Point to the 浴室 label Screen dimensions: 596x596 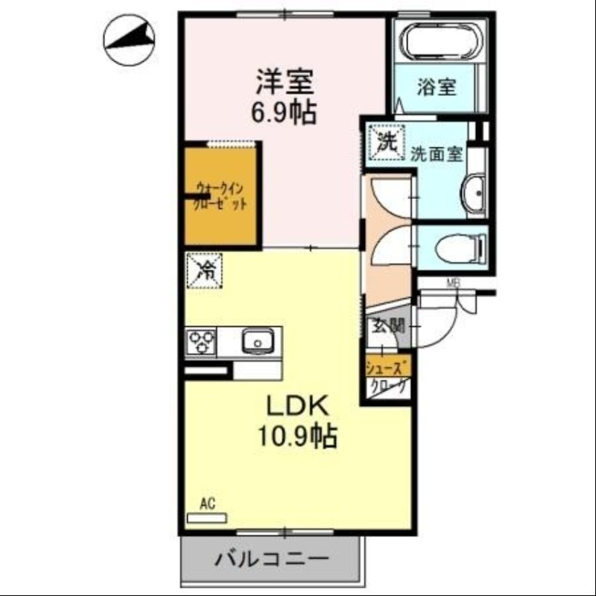point(437,87)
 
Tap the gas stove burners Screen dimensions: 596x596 point(201,342)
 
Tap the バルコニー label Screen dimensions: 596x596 point(272,559)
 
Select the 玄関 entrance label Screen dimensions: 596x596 point(388,326)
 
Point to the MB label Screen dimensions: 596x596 point(453,282)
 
